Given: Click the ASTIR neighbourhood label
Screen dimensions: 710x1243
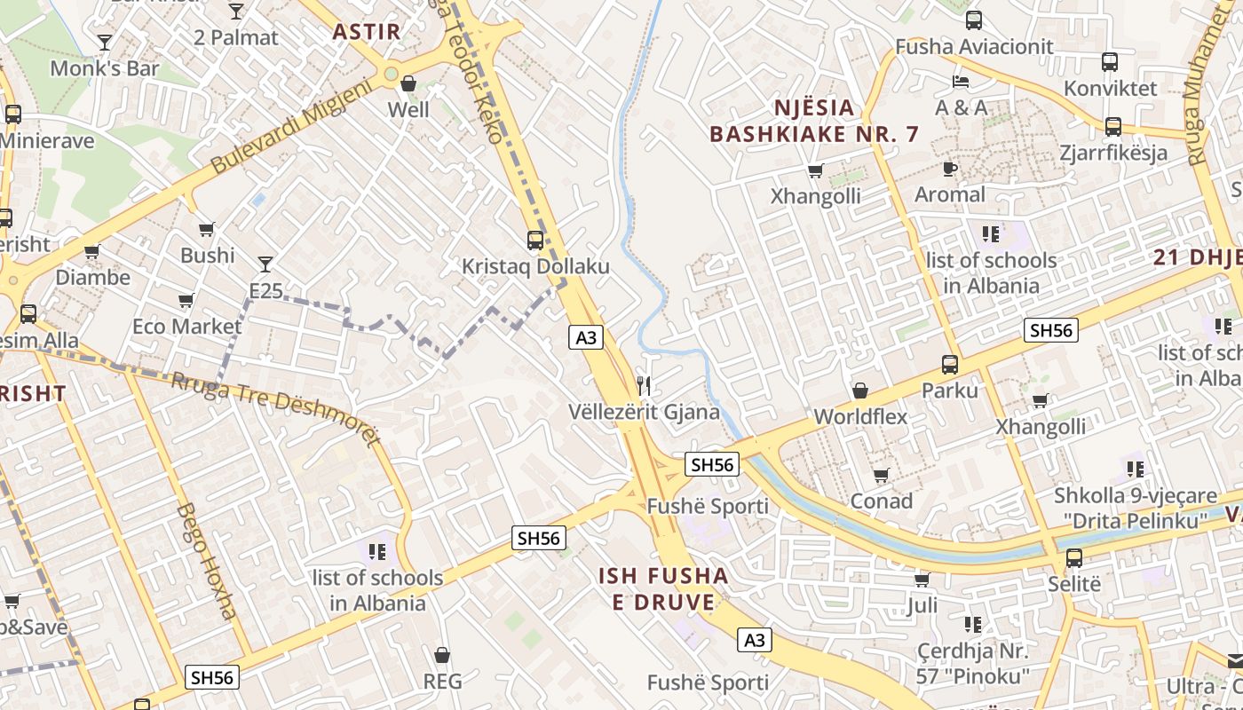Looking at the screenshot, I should [x=366, y=32].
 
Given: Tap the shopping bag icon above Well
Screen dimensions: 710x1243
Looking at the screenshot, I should [x=408, y=84].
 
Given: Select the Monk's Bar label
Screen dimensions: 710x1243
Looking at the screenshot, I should [x=105, y=68].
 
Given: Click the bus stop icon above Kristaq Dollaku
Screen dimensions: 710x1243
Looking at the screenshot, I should [x=535, y=240].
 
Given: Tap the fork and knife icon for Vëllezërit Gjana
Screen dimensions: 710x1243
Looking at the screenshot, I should [x=645, y=386].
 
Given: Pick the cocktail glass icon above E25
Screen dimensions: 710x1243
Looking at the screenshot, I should [x=265, y=264].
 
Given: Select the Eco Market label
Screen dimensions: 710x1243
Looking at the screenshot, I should [x=186, y=326].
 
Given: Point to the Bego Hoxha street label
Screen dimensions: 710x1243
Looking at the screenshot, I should [x=206, y=561].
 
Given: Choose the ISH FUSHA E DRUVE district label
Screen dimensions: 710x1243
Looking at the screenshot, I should [x=663, y=588].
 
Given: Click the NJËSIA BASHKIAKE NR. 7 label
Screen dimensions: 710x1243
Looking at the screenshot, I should [x=814, y=121].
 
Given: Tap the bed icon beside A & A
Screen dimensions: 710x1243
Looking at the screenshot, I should [x=961, y=82].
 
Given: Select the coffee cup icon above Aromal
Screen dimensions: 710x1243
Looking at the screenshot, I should [x=949, y=169].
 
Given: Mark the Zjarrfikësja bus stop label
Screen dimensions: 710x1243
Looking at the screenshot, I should [x=1113, y=153].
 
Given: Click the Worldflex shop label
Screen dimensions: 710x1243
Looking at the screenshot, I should [x=860, y=416].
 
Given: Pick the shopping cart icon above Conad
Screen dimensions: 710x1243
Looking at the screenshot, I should [x=881, y=476].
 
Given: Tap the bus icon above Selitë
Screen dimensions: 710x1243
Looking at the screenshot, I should [x=1074, y=558].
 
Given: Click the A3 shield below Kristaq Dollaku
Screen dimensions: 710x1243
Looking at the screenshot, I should [x=586, y=337].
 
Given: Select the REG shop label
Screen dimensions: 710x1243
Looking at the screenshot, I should [x=442, y=681].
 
